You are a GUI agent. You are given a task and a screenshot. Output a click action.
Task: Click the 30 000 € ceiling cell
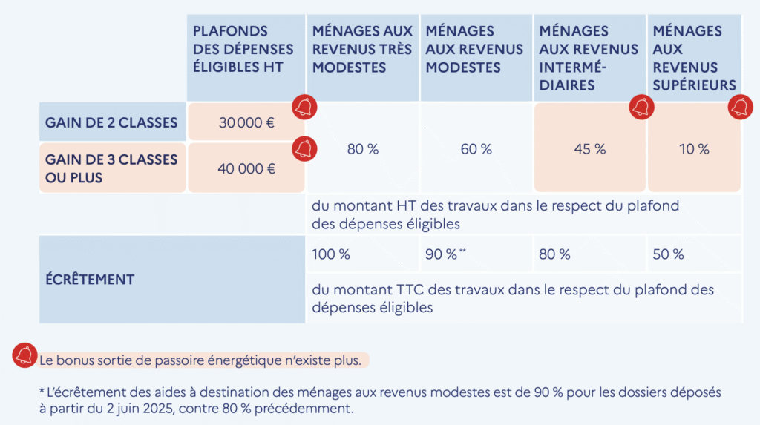(246, 122)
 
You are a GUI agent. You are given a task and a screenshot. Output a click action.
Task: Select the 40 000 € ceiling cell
(246, 168)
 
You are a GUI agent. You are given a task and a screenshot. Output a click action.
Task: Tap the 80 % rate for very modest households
(363, 148)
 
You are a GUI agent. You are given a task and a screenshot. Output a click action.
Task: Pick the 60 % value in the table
(476, 148)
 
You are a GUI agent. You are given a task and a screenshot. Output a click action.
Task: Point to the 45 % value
(590, 148)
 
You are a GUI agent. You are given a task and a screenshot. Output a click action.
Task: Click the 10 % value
(694, 148)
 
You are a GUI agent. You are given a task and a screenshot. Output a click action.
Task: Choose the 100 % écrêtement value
(331, 254)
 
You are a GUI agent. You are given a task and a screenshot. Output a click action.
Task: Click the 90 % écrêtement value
(442, 254)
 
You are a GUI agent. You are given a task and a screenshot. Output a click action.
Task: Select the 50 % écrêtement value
(668, 254)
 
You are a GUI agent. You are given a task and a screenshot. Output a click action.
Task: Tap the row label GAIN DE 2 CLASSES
(111, 122)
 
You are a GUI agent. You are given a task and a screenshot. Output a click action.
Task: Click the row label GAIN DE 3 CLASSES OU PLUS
(111, 168)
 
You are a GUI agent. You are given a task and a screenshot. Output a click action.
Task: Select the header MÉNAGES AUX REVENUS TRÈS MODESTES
(363, 49)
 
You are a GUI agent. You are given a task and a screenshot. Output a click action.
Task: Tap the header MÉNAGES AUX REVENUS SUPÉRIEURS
(694, 58)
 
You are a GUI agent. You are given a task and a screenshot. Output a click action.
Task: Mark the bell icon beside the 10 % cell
(740, 108)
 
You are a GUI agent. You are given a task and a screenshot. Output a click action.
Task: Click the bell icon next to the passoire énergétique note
(25, 355)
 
